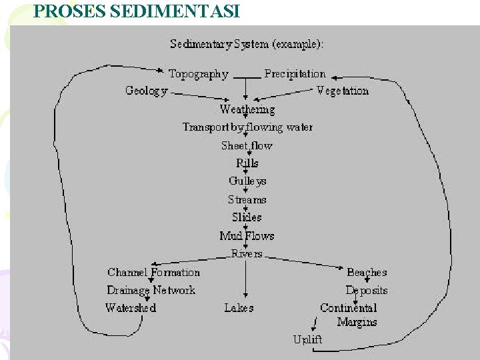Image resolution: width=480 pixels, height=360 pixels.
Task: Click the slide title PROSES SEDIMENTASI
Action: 137,11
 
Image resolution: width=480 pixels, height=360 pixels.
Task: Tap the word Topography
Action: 198,74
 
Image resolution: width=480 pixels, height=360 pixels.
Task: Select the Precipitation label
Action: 295,74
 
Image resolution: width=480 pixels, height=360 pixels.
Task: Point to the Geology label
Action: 146,91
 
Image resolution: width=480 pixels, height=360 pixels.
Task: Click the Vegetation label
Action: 343,91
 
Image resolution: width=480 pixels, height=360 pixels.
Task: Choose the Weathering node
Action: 247,109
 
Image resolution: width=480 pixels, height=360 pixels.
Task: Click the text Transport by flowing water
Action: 247,127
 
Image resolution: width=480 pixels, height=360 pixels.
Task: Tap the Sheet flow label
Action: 247,145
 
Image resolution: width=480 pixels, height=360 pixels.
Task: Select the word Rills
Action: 247,163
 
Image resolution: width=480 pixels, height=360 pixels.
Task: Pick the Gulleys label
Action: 247,181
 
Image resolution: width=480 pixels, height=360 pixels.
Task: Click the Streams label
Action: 247,199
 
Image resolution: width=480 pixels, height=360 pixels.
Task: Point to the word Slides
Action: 247,217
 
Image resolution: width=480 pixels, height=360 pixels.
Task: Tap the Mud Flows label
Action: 247,236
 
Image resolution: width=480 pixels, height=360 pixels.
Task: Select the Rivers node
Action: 247,254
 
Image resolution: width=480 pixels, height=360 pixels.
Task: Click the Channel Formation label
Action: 153,272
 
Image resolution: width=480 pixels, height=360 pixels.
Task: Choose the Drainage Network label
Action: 151,290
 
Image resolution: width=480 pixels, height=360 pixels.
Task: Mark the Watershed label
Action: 131,308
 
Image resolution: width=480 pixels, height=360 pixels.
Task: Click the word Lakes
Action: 239,308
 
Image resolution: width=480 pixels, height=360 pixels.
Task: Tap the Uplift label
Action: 307,339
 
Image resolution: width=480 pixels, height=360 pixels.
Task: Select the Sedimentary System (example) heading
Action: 247,45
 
